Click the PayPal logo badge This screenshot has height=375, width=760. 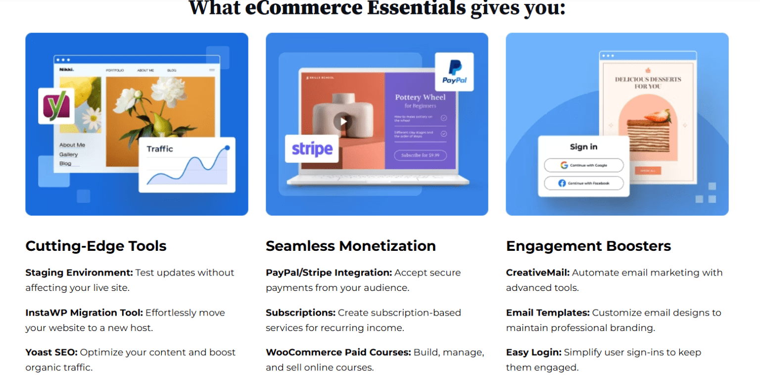454,72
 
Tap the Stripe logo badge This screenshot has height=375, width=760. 312,148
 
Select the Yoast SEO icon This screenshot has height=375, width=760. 56,106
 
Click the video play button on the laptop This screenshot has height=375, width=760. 342,121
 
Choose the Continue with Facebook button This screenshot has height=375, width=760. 584,183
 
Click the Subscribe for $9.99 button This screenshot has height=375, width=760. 420,155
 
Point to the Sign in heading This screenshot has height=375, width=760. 584,147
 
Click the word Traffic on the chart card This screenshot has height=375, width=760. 160,148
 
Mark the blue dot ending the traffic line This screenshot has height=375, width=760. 227,147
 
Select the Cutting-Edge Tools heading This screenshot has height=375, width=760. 96,246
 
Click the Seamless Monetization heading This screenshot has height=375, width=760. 351,246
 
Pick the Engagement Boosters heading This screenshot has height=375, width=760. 588,246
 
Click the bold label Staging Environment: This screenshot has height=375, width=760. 79,273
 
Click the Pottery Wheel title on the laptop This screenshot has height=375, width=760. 420,97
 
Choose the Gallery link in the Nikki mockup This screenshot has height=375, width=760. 69,154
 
